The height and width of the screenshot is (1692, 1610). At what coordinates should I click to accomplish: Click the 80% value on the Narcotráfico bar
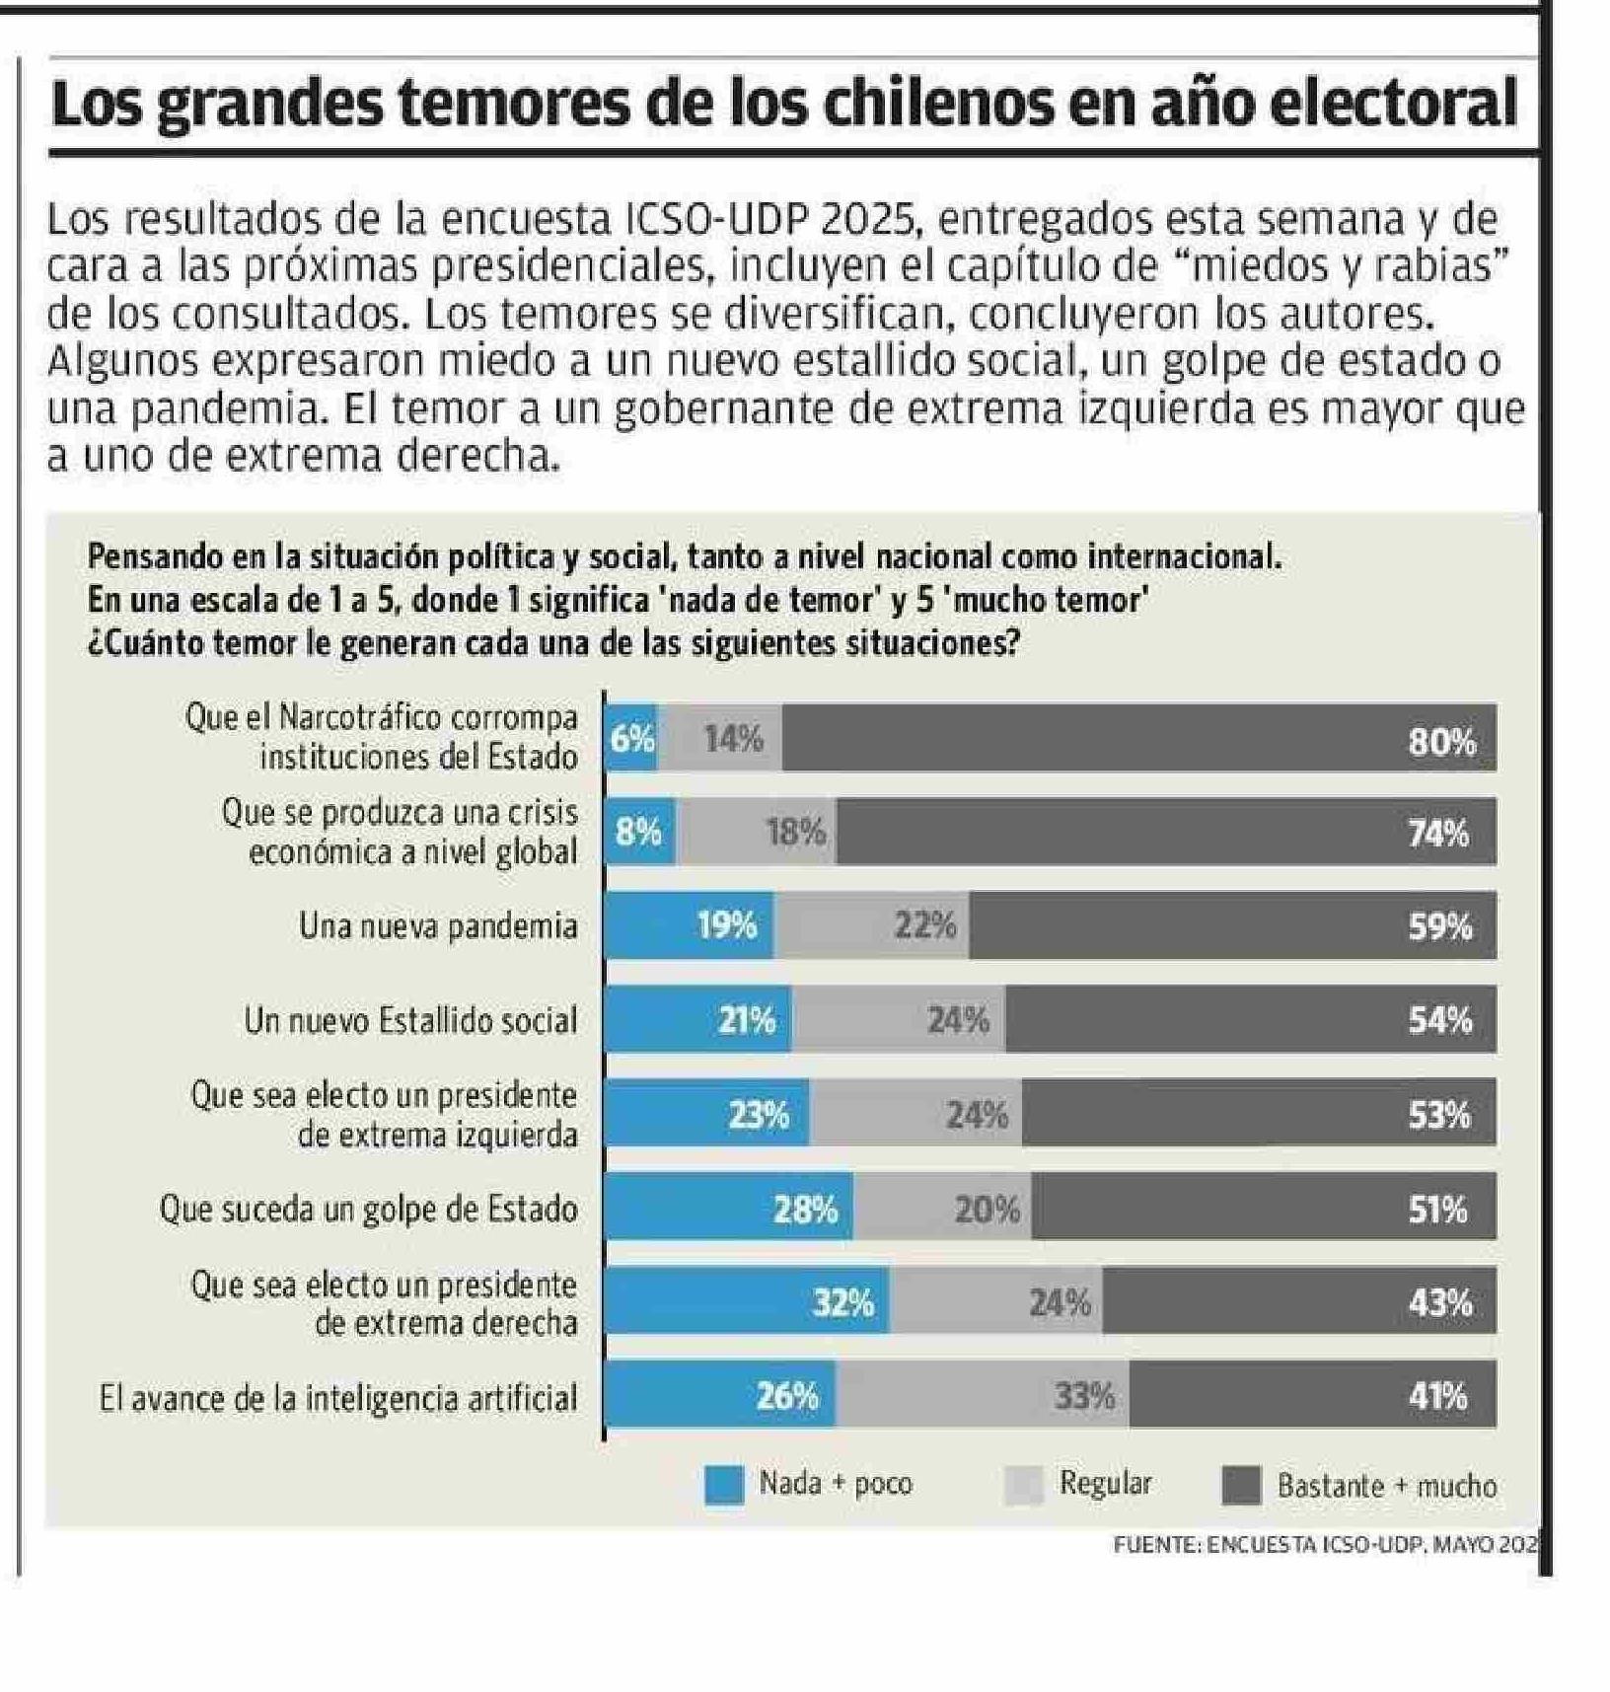[1441, 740]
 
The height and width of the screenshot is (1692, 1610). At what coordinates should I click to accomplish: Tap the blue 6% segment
[631, 738]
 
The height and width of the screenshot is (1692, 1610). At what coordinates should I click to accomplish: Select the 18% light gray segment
[796, 833]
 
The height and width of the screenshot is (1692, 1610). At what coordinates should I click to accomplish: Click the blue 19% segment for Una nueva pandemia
[727, 925]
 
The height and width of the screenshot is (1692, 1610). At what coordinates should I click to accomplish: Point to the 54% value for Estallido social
[1439, 1019]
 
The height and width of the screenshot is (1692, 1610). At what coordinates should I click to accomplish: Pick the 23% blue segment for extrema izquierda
[759, 1115]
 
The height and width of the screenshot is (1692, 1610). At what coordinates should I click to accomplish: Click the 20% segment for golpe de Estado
[987, 1209]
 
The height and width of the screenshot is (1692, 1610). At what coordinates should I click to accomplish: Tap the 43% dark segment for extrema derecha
[1439, 1302]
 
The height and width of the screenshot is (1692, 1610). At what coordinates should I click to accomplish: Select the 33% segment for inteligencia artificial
[1084, 1396]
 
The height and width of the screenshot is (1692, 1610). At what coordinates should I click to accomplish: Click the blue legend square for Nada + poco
[724, 1485]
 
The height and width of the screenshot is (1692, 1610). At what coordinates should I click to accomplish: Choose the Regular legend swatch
[1023, 1485]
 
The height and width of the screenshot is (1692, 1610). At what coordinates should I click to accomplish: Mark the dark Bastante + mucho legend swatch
[1241, 1485]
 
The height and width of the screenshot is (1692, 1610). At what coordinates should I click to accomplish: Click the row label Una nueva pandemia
[438, 926]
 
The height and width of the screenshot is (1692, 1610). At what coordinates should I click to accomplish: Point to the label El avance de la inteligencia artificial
[338, 1398]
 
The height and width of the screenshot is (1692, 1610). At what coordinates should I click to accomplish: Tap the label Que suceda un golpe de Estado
[368, 1209]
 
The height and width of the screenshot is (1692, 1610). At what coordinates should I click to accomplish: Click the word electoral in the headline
[1392, 105]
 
